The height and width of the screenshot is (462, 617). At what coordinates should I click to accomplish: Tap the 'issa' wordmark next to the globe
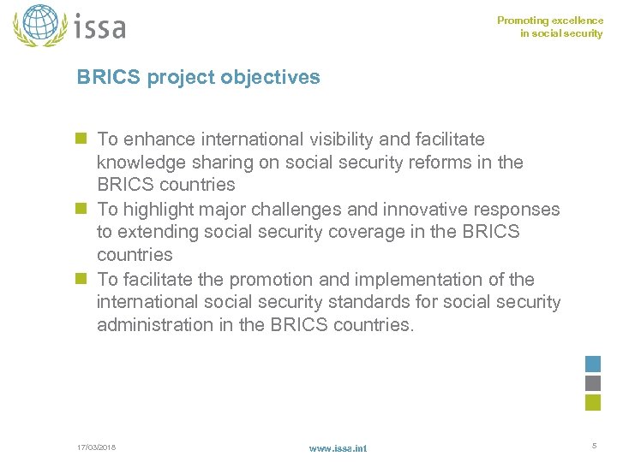pyautogui.click(x=99, y=27)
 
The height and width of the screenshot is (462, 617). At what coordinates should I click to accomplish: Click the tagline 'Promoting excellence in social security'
pyautogui.click(x=550, y=27)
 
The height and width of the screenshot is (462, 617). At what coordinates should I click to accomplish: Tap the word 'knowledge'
pyautogui.click(x=140, y=163)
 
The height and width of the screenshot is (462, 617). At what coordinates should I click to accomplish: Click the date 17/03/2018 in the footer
pyautogui.click(x=96, y=447)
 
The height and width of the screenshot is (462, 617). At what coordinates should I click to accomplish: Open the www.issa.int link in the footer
pyautogui.click(x=338, y=448)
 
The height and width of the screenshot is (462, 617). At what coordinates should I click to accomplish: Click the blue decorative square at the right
pyautogui.click(x=593, y=364)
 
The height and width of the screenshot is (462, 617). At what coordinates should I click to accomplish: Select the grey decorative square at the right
pyautogui.click(x=593, y=382)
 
